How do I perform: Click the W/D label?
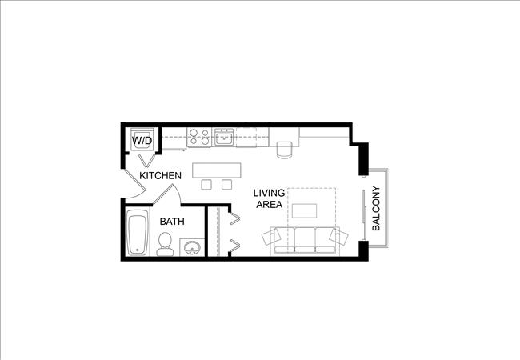[x=142, y=141]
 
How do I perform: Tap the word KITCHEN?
[x=161, y=175]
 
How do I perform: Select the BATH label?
[x=172, y=222]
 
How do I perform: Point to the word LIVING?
[x=269, y=193]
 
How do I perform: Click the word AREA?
[x=269, y=205]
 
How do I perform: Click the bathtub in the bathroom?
[x=138, y=233]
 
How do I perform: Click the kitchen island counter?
[x=217, y=170]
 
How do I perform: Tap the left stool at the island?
[x=206, y=185]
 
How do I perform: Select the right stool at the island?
[x=226, y=185]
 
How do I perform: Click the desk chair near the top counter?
[x=284, y=150]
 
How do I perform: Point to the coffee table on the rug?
[x=305, y=210]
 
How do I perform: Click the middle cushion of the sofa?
[x=305, y=239]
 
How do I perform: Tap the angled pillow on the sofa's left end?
[x=272, y=238]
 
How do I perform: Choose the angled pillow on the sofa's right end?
[x=338, y=237]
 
